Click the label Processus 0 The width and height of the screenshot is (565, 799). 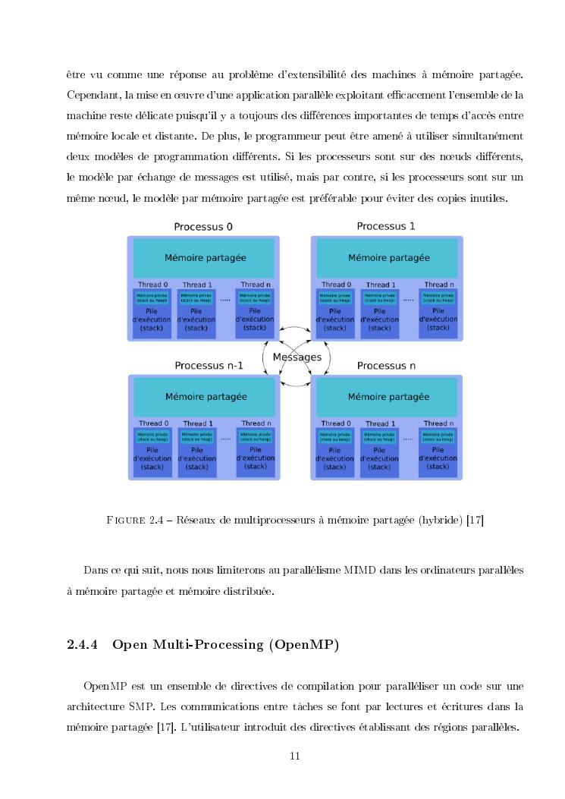pyautogui.click(x=203, y=226)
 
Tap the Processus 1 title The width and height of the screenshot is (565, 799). pyautogui.click(x=386, y=226)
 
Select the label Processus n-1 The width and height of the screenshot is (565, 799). pyautogui.click(x=209, y=365)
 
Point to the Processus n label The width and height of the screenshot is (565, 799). pyautogui.click(x=386, y=365)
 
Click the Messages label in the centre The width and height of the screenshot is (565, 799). pyautogui.click(x=297, y=357)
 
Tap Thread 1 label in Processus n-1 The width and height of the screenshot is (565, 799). pyautogui.click(x=197, y=423)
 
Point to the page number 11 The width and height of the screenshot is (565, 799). pyautogui.click(x=296, y=756)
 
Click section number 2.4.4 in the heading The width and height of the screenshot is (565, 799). pyautogui.click(x=84, y=645)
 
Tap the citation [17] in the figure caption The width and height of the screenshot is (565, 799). pyautogui.click(x=476, y=520)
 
